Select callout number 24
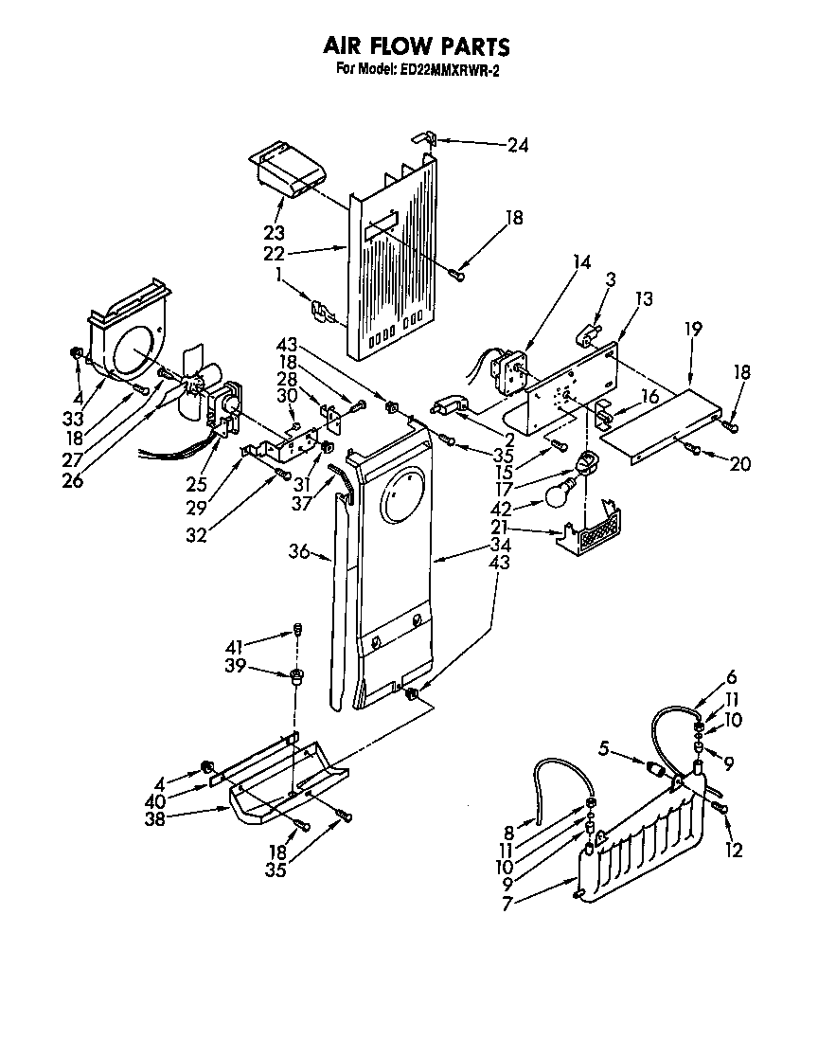(x=517, y=145)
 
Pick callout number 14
(x=580, y=262)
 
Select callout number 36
(x=298, y=551)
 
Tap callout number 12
(x=733, y=851)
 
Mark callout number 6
(x=731, y=677)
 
